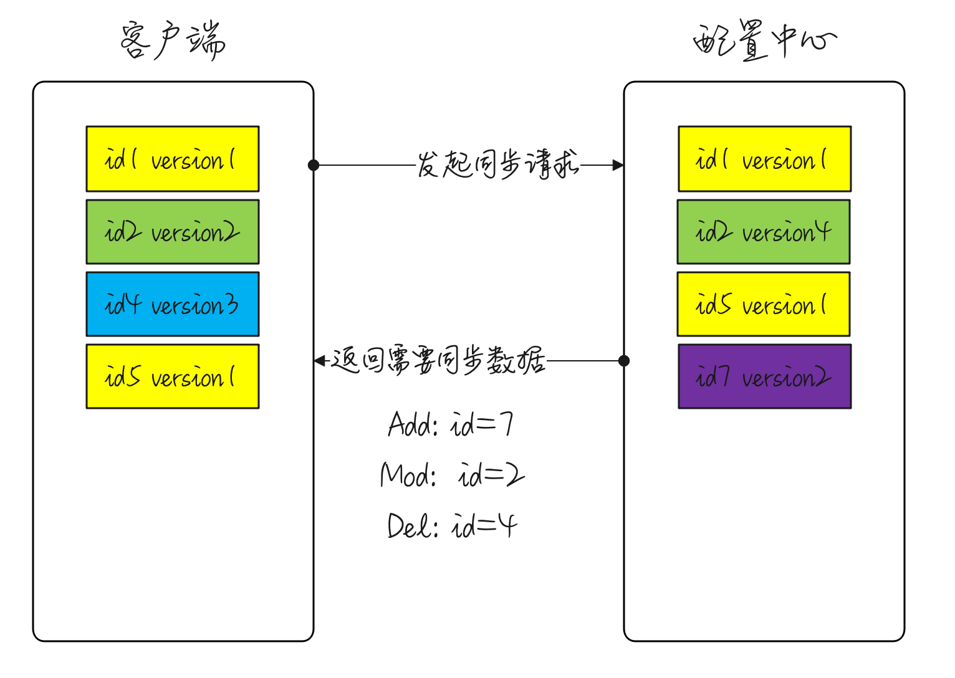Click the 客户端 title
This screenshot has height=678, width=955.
click(x=173, y=41)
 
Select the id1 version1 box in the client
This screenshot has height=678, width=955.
click(x=173, y=159)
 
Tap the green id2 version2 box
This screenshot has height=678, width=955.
click(x=173, y=232)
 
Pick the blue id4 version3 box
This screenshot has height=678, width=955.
click(x=173, y=304)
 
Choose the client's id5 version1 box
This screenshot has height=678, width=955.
click(x=173, y=376)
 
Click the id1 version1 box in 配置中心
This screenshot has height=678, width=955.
click(x=764, y=159)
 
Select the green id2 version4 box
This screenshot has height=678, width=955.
click(x=764, y=232)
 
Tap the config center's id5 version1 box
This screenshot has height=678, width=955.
click(x=764, y=304)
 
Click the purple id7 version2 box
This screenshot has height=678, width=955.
click(x=764, y=376)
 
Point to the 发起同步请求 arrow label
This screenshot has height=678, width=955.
click(x=497, y=165)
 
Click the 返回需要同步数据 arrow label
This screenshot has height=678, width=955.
click(x=438, y=361)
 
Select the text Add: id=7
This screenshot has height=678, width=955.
click(x=450, y=425)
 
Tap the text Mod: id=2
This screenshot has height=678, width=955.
click(x=452, y=476)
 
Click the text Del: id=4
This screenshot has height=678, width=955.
click(x=452, y=527)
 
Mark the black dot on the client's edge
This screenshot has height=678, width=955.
click(x=314, y=165)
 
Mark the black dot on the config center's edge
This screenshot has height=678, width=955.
click(x=624, y=361)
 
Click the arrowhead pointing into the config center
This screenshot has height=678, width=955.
click(x=618, y=165)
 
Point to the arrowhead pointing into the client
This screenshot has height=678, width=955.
click(x=320, y=361)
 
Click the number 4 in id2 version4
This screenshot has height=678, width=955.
click(x=823, y=231)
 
